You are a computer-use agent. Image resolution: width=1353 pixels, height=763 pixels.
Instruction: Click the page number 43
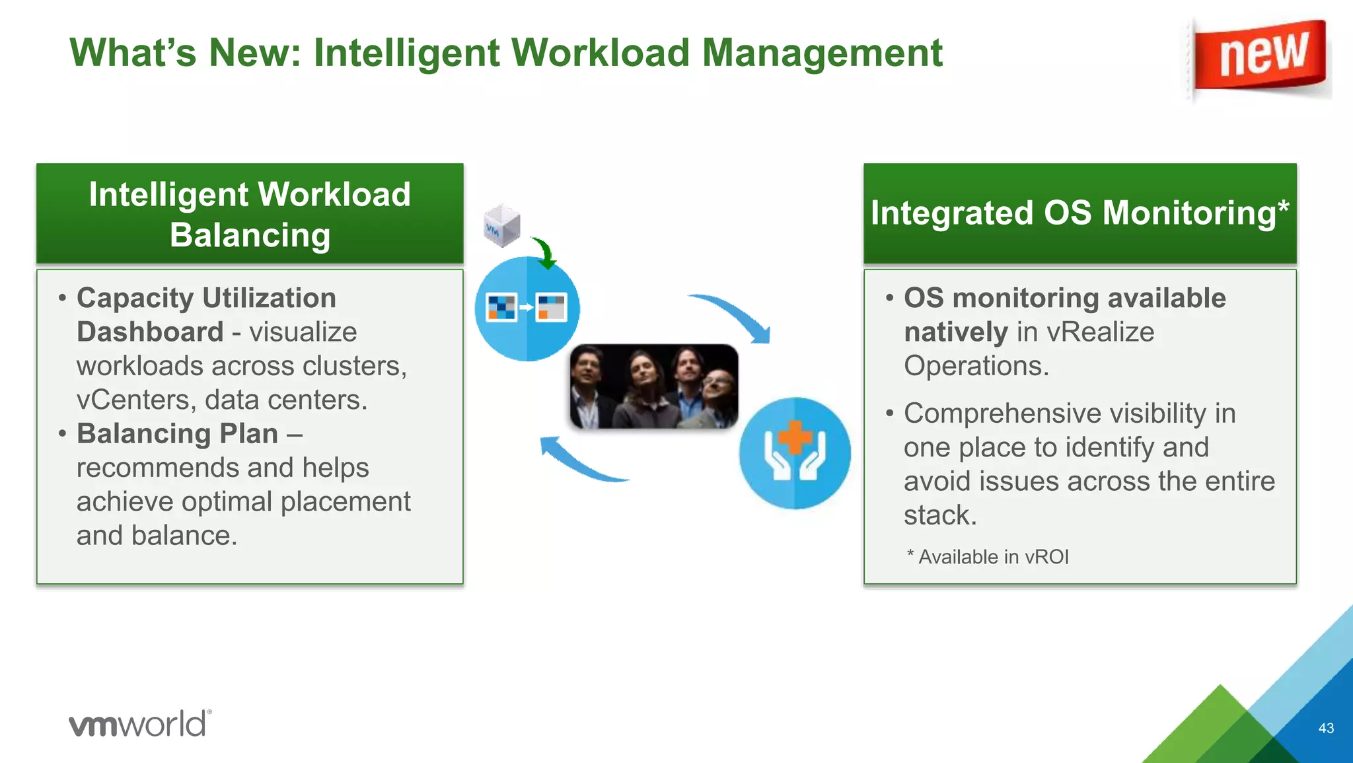pyautogui.click(x=1325, y=728)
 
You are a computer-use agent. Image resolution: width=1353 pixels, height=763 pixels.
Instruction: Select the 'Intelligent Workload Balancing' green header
pyautogui.click(x=250, y=214)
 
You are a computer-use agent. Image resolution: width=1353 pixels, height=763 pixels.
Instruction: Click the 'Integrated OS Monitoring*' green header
pyautogui.click(x=1079, y=214)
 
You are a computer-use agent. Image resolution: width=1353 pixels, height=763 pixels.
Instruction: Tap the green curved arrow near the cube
pyautogui.click(x=546, y=254)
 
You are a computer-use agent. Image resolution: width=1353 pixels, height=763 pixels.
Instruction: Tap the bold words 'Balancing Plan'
pyautogui.click(x=177, y=434)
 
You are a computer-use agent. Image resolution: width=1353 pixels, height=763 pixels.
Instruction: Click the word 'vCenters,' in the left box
pyautogui.click(x=135, y=400)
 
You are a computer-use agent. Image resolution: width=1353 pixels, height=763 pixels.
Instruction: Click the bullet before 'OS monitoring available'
pyautogui.click(x=889, y=299)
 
